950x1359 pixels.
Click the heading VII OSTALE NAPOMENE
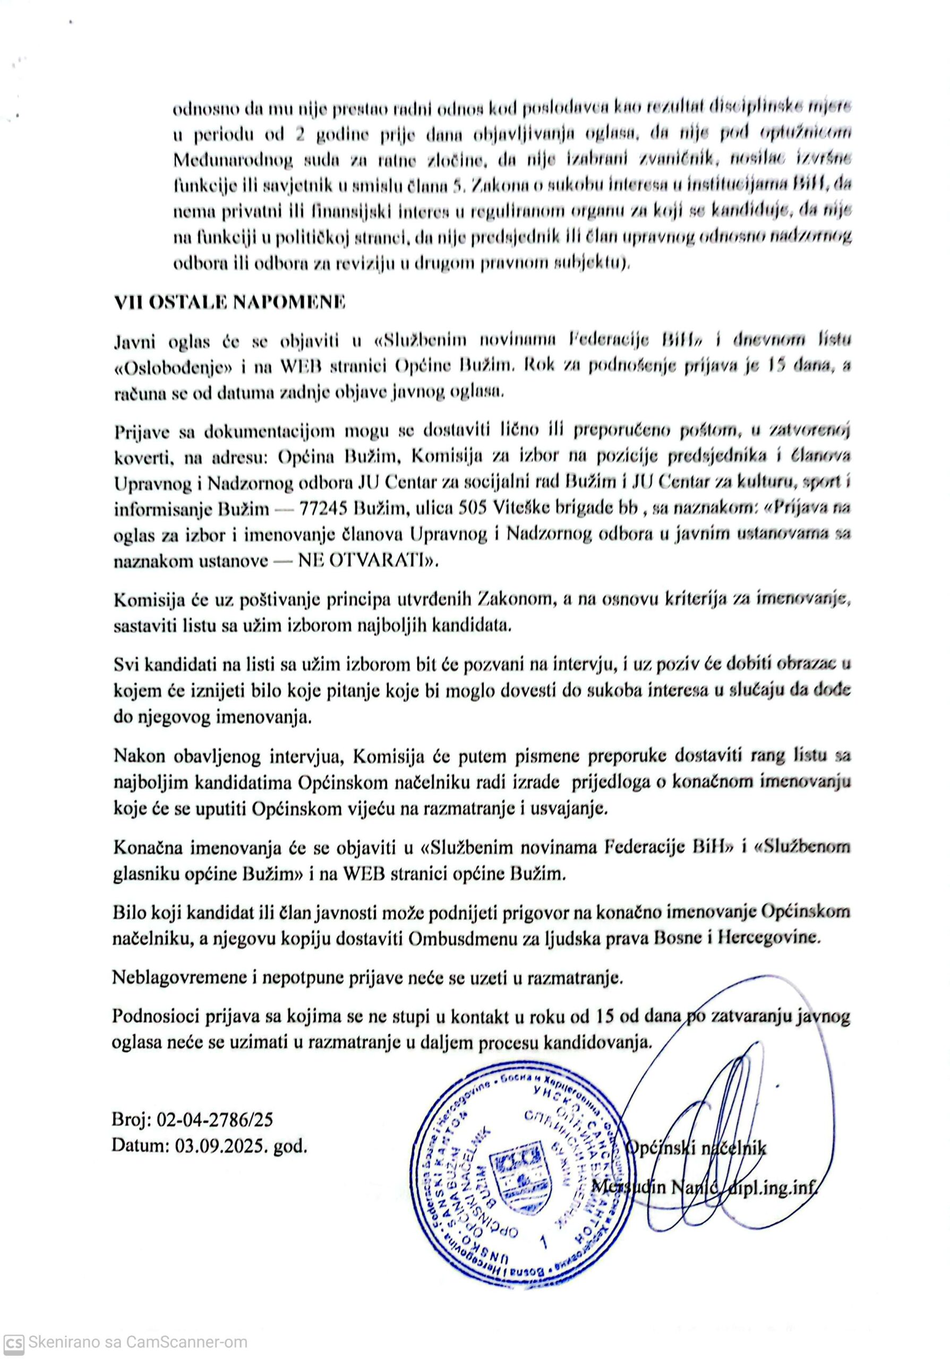click(x=229, y=303)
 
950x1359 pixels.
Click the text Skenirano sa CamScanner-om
click(x=138, y=1342)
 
